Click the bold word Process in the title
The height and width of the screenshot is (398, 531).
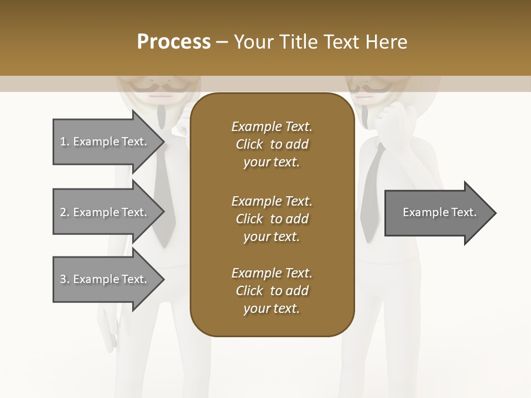(174, 42)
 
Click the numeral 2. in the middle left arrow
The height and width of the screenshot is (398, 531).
(65, 212)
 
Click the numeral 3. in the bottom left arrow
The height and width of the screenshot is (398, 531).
(65, 279)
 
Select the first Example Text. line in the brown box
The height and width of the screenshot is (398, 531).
(272, 127)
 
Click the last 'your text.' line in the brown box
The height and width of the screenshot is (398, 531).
(272, 309)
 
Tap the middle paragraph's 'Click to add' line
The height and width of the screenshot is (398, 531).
(272, 219)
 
